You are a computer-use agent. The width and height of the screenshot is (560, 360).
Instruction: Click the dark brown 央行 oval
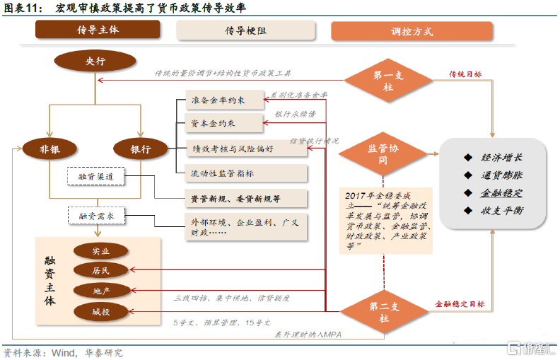tap(95, 62)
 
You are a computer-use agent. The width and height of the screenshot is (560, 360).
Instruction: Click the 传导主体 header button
tap(98, 30)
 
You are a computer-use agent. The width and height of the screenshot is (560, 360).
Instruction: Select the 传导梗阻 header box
tap(245, 30)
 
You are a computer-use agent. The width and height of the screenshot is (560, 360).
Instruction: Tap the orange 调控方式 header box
tap(412, 31)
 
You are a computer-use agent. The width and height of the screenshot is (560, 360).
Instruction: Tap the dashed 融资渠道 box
tap(95, 175)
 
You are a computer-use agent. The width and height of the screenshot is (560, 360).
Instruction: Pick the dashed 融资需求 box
tap(97, 215)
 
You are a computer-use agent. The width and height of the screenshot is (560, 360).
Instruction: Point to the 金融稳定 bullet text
tap(503, 192)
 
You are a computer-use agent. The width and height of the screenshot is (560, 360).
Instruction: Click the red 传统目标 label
tap(465, 74)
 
